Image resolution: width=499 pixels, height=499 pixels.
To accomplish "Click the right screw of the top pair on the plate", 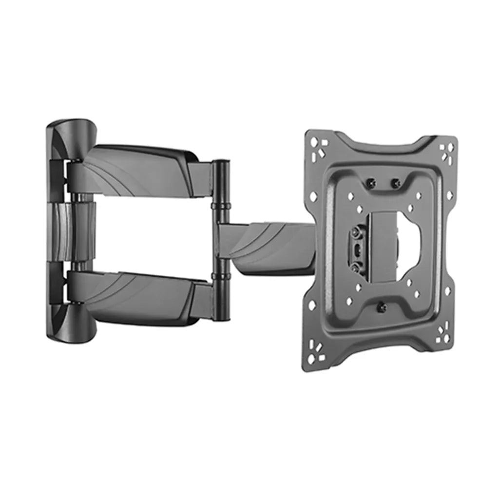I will [x=396, y=183].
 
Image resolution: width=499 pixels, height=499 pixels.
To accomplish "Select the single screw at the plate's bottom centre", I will [x=382, y=307].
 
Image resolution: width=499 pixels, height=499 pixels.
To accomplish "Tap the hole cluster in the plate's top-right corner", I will [x=445, y=149].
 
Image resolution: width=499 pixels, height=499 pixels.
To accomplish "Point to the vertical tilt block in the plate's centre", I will [x=383, y=246].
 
